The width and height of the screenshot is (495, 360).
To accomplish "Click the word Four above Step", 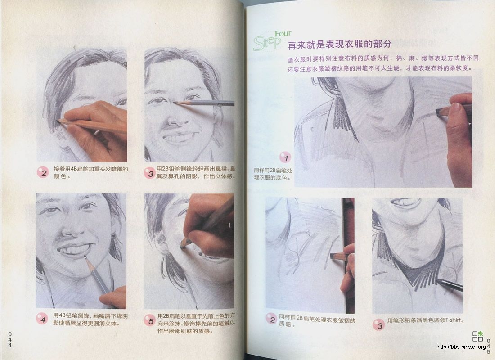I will [x=282, y=33].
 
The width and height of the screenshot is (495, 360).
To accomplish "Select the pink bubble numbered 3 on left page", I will [x=150, y=173].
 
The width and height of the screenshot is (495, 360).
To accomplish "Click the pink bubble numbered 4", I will [x=43, y=319].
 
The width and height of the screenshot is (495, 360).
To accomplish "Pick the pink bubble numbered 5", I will [x=150, y=320].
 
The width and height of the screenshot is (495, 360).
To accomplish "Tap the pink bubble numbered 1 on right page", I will [x=285, y=157].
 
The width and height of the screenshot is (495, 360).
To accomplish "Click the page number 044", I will [x=9, y=339].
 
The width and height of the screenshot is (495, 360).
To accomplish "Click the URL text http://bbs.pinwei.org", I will [x=461, y=347].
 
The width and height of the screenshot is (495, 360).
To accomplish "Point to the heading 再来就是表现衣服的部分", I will [x=339, y=45].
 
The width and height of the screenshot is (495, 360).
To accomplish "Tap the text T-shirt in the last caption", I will [x=454, y=320].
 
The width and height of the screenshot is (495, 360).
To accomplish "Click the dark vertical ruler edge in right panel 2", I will [x=348, y=256].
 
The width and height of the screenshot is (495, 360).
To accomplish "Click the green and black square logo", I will [x=477, y=336].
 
